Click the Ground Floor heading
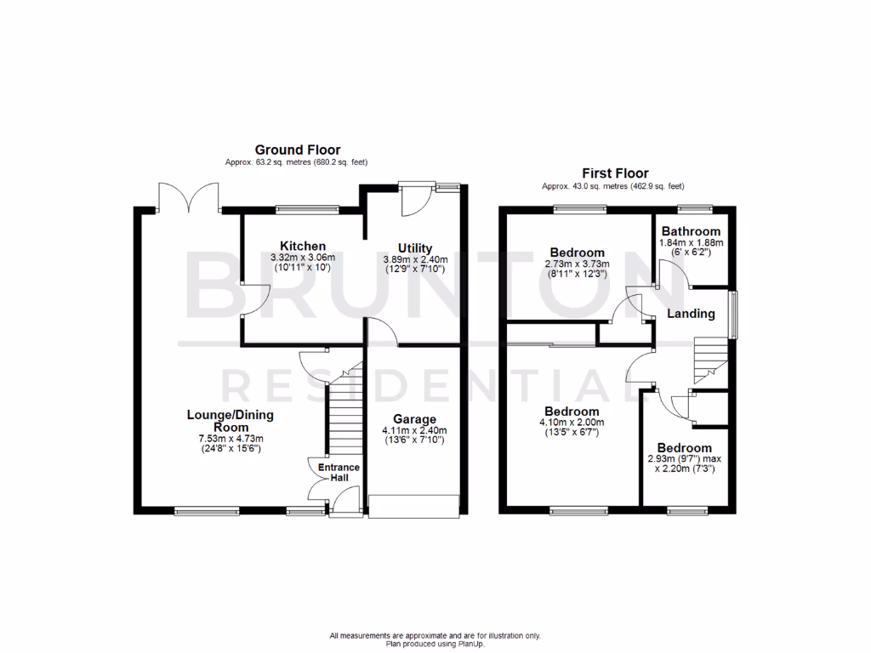[x=298, y=150]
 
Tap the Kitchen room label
[x=303, y=246]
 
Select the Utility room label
[x=413, y=248]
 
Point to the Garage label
[x=414, y=419]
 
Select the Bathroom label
[x=691, y=231]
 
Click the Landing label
[x=691, y=314]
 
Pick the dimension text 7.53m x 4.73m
[x=225, y=440]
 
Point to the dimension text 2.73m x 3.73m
[x=578, y=264]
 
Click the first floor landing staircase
[x=710, y=359]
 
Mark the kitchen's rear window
[x=307, y=208]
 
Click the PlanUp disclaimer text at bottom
[x=435, y=639]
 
